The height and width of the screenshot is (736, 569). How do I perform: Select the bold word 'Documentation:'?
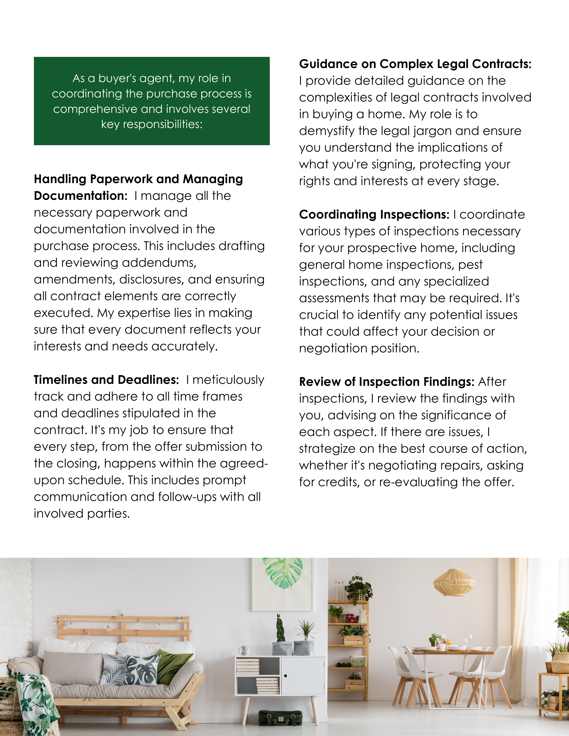81,196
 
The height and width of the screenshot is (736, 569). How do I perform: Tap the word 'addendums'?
159,263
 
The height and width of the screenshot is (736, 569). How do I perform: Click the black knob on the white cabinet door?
286,676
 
